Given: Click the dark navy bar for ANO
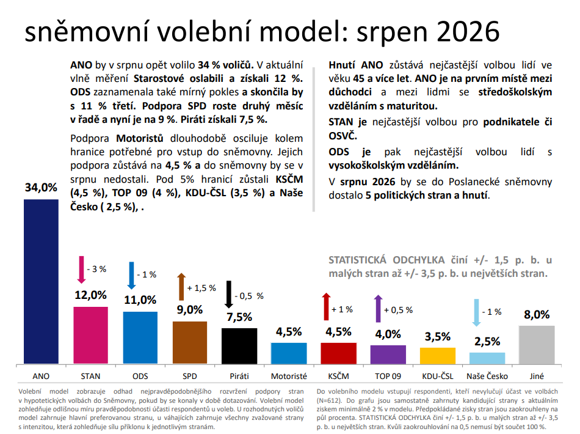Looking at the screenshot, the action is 41,281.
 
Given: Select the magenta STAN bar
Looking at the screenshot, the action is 90,335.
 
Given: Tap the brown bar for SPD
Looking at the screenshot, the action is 190,342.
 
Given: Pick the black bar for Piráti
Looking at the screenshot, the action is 239,346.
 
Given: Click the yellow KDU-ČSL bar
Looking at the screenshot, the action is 438,356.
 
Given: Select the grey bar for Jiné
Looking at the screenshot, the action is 537,345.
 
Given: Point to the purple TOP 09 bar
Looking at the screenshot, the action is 388,355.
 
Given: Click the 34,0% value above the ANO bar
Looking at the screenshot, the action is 41,188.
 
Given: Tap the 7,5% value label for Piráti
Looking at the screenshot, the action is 239,317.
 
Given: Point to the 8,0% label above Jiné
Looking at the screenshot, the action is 537,314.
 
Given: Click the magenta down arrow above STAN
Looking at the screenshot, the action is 81,270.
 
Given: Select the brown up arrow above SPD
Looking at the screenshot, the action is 181,287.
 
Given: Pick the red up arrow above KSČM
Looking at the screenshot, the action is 326,307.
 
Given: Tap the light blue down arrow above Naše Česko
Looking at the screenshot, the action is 476,313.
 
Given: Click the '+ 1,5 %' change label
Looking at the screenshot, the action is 201,288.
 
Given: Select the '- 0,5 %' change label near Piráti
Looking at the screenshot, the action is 249,296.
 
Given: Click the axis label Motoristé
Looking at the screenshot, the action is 289,376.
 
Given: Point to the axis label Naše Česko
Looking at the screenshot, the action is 487,376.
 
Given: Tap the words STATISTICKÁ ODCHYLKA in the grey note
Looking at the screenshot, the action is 386,260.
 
